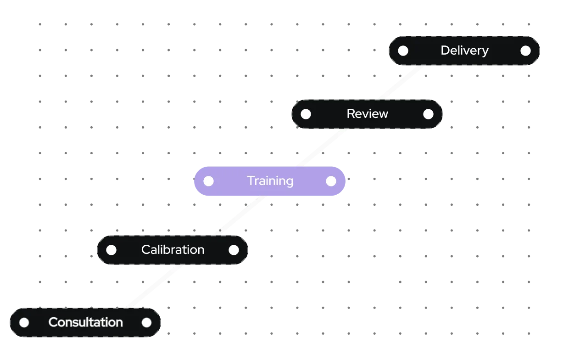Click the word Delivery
pyautogui.click(x=464, y=51)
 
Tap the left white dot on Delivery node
pyautogui.click(x=403, y=51)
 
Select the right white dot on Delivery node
pyautogui.click(x=525, y=51)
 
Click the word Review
pyautogui.click(x=367, y=114)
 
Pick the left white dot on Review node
pyautogui.click(x=306, y=114)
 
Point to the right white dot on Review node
pyautogui.click(x=428, y=114)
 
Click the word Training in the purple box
pyautogui.click(x=270, y=181)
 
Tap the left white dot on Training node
pyautogui.click(x=208, y=181)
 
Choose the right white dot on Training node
pyautogui.click(x=331, y=181)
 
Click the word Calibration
pyautogui.click(x=173, y=250)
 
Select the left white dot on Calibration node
pyautogui.click(x=111, y=250)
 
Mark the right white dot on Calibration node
pyautogui.click(x=234, y=250)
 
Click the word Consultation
pyautogui.click(x=85, y=322)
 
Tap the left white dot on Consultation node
pyautogui.click(x=24, y=322)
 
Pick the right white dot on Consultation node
pyautogui.click(x=146, y=322)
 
